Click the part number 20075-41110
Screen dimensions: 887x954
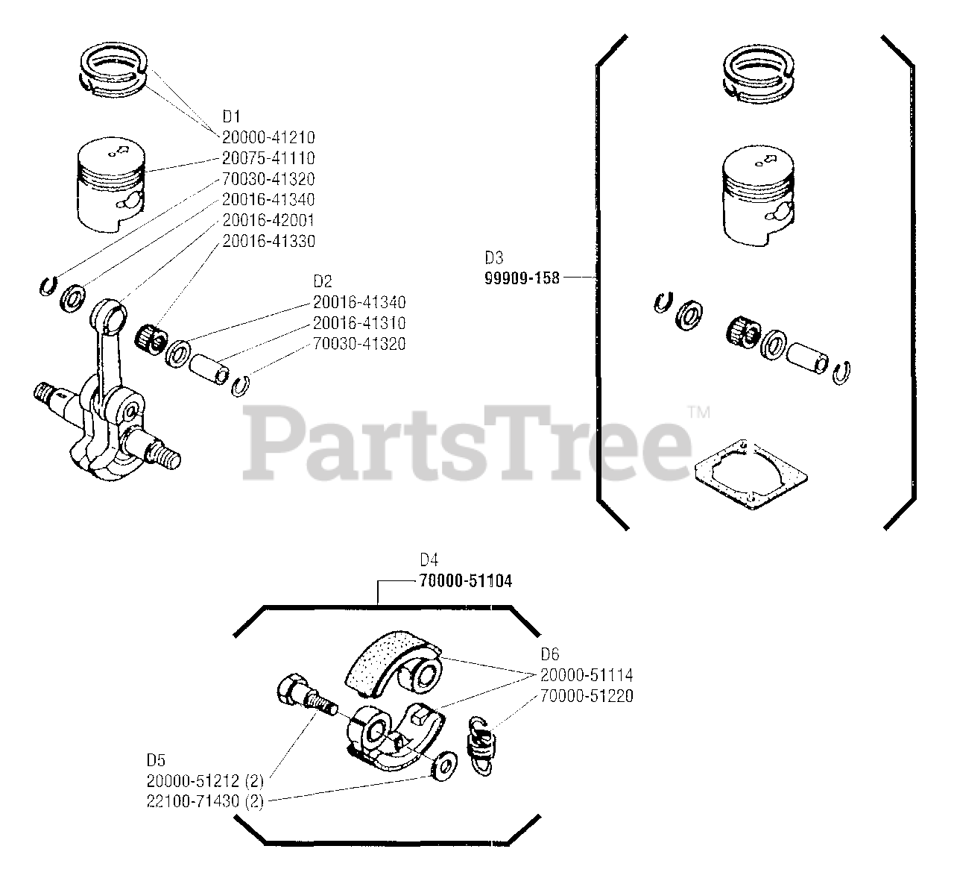pos(268,158)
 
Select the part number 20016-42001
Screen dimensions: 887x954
pos(268,221)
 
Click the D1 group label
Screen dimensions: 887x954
pos(231,116)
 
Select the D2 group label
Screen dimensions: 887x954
pos(322,281)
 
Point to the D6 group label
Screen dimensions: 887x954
pos(549,654)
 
